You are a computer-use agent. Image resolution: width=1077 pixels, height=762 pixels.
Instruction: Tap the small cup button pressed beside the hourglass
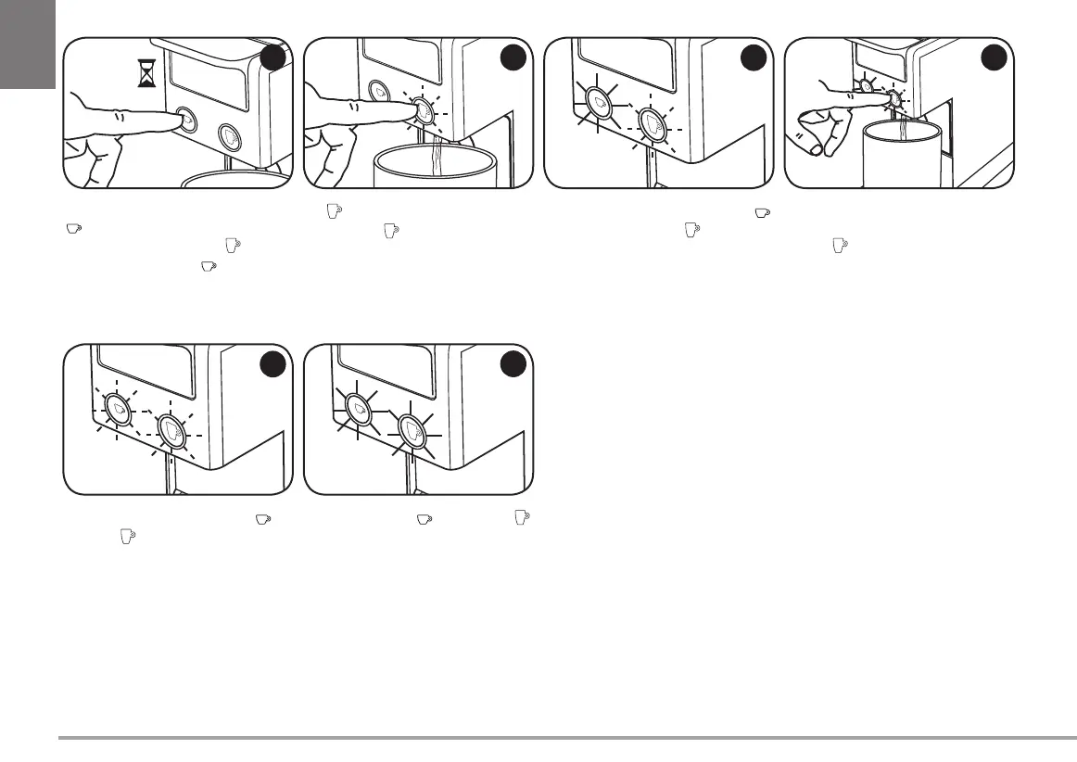[x=186, y=119]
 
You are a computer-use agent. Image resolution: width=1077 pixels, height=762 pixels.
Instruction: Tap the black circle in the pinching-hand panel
[x=994, y=58]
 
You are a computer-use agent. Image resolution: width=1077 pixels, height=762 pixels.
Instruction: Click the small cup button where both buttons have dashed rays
[x=118, y=408]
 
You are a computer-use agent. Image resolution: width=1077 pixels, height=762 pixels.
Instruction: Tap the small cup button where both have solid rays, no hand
[x=358, y=408]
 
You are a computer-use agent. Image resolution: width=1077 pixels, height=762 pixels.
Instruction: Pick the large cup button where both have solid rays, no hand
[x=412, y=431]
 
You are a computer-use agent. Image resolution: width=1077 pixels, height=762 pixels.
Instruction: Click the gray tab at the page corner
[x=27, y=44]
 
